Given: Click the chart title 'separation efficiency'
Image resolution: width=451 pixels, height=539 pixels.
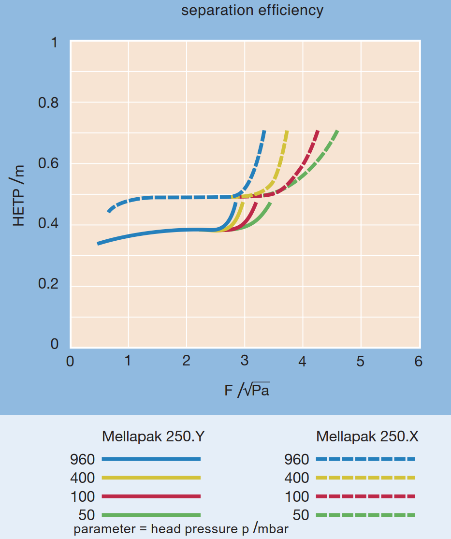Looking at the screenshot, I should click(252, 11).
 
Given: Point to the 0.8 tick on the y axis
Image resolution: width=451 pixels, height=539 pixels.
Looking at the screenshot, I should click(47, 103).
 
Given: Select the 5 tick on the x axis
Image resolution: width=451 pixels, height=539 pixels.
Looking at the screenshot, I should click(361, 362).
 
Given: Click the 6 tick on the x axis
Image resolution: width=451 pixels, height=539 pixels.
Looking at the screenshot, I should click(419, 362).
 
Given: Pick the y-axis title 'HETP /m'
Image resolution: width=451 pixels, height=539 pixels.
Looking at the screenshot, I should click(18, 195).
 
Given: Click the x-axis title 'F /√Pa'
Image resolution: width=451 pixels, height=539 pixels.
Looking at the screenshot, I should click(247, 390).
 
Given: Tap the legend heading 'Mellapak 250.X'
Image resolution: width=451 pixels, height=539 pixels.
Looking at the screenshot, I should click(367, 437).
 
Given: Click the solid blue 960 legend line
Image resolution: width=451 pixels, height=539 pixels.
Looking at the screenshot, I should click(151, 459).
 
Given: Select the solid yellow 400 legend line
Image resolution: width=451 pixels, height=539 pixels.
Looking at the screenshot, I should click(151, 478).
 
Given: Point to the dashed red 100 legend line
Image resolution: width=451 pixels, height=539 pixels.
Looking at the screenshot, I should click(365, 496).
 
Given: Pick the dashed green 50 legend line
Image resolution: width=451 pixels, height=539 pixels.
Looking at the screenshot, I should click(365, 515).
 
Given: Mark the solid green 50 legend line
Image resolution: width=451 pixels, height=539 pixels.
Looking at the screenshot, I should click(151, 515).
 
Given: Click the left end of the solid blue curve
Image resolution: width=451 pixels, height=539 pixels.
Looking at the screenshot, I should click(99, 244).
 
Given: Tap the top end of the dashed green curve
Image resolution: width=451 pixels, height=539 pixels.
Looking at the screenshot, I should click(336, 131).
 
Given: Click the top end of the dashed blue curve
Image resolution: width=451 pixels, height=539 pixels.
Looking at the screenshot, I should click(264, 131).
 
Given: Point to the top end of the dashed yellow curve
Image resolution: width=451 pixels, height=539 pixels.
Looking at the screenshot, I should click(287, 131).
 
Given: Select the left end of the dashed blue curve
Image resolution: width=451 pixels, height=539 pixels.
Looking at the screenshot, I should click(109, 211).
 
